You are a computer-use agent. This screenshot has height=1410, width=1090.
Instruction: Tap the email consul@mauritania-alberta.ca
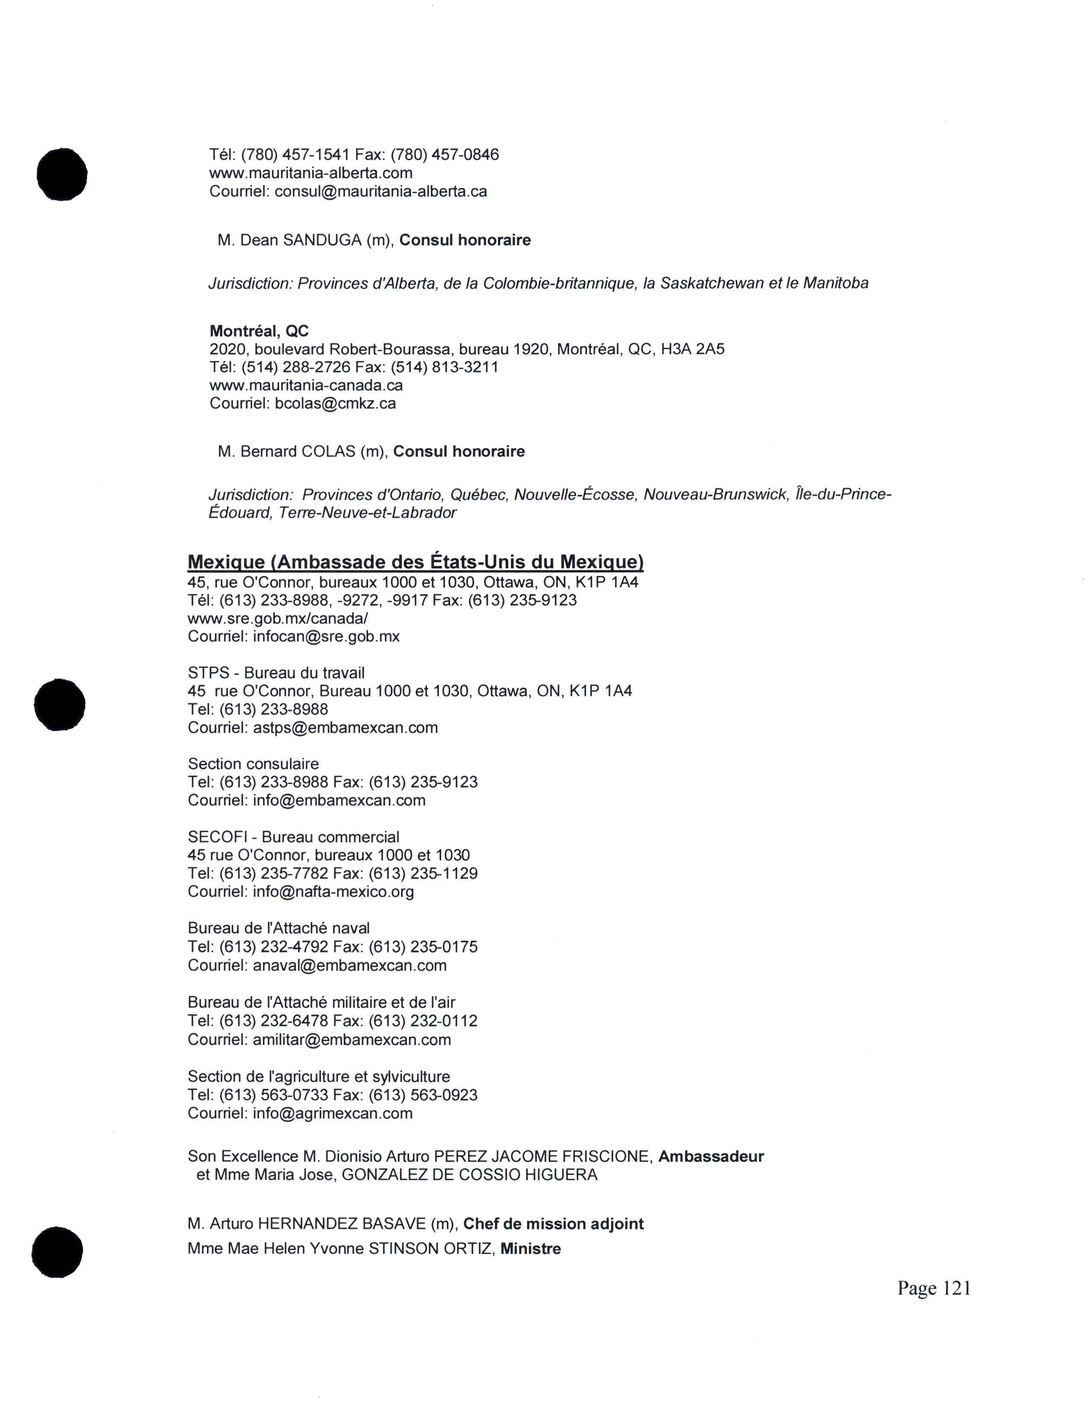pyautogui.click(x=380, y=192)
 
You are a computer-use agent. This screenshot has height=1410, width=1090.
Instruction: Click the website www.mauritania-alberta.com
pyautogui.click(x=311, y=173)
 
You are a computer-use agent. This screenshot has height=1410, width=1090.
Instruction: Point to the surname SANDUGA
pyautogui.click(x=322, y=240)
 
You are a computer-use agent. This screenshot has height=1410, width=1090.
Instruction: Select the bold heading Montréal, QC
pyautogui.click(x=259, y=331)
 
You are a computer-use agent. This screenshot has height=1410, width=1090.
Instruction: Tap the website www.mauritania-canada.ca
pyautogui.click(x=306, y=385)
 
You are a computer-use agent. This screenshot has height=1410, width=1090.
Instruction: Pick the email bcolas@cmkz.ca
pyautogui.click(x=335, y=403)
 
